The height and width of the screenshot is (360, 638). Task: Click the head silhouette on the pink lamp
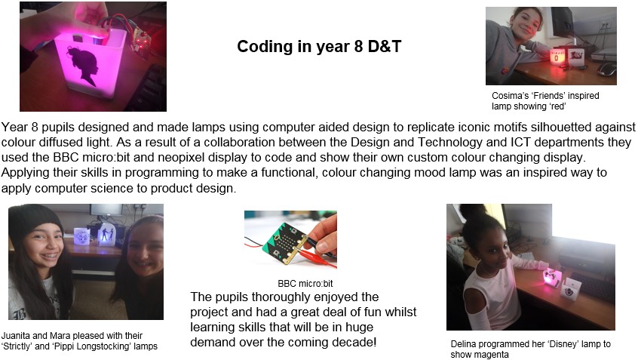(84, 66)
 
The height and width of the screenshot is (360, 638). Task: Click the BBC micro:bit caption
(305, 284)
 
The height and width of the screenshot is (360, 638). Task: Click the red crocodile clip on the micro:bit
(317, 260)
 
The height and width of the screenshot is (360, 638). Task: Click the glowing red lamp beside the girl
(557, 57)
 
